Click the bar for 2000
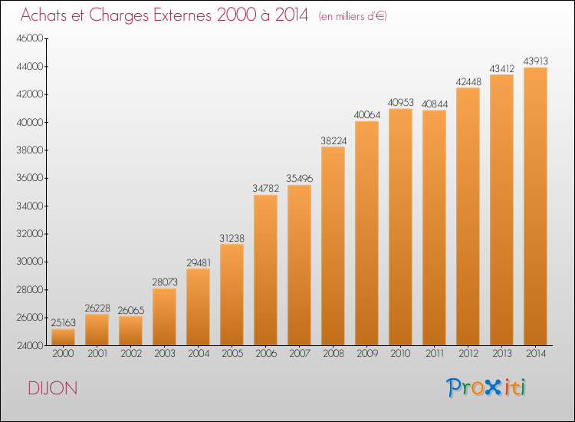63,337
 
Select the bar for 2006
265,270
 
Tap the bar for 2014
535,206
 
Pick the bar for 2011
434,228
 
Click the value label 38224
333,140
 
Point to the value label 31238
232,238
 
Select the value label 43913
535,61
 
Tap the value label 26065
131,311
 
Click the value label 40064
367,115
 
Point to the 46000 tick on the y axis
30,38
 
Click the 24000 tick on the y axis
30,345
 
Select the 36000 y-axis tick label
30,178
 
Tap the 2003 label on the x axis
165,354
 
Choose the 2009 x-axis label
367,354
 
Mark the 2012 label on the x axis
468,354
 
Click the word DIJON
53,388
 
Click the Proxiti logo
486,387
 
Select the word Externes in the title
182,15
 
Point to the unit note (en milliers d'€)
353,16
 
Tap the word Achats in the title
44,15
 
